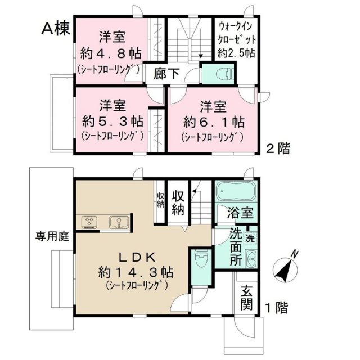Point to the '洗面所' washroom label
(237, 245)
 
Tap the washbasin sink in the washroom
(251, 259)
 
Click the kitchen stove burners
(90, 222)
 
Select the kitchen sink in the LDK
(118, 222)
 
